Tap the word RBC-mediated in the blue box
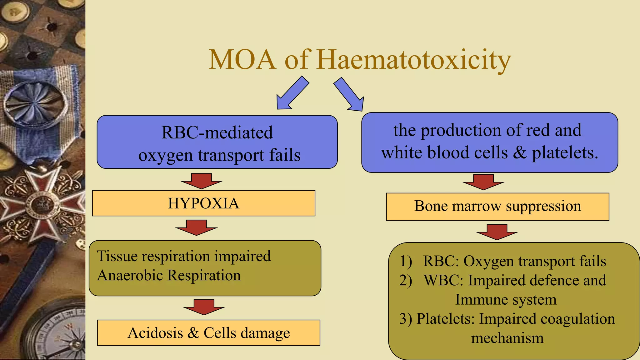click(x=217, y=132)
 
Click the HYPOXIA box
click(x=203, y=203)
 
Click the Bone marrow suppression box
click(x=497, y=207)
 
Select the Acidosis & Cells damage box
click(x=208, y=333)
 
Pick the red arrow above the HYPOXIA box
click(x=201, y=181)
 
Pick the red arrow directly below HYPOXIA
click(x=196, y=227)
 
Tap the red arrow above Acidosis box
click(x=204, y=307)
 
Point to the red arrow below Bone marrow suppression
click(x=497, y=232)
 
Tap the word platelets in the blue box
click(x=564, y=153)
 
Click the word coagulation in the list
click(x=577, y=319)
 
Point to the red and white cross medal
click(x=42, y=205)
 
